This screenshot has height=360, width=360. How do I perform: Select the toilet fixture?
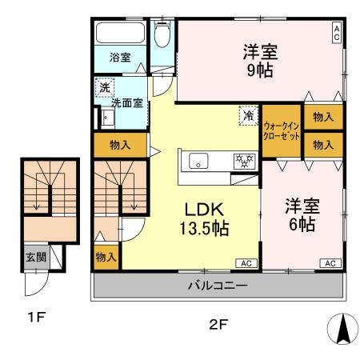click(162, 34)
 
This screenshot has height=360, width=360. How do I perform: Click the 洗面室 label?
click(126, 102)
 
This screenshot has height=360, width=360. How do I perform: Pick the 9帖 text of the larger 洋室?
click(260, 70)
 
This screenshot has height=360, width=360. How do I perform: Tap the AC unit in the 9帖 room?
click(337, 33)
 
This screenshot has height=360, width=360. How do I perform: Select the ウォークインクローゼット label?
click(282, 131)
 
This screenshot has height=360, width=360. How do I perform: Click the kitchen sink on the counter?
click(198, 160)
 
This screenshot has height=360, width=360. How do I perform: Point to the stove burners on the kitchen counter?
click(241, 160)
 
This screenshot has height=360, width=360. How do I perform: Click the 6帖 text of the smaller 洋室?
click(302, 224)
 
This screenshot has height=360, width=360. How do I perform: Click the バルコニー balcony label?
click(218, 285)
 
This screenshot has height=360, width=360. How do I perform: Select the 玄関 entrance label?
click(34, 257)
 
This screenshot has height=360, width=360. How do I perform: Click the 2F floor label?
click(218, 325)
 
